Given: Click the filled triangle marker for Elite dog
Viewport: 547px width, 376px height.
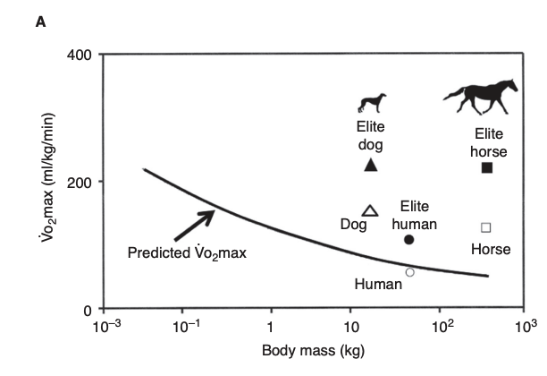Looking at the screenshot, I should pyautogui.click(x=372, y=165).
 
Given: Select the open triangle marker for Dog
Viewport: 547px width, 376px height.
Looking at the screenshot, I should pyautogui.click(x=371, y=210).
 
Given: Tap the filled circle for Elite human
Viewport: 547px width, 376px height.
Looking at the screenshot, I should pyautogui.click(x=409, y=239).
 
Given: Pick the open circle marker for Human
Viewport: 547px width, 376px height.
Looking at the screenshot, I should pyautogui.click(x=410, y=272).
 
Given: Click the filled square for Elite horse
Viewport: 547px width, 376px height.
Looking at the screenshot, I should pyautogui.click(x=487, y=167).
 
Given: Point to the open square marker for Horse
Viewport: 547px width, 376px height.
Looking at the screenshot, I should pyautogui.click(x=486, y=227).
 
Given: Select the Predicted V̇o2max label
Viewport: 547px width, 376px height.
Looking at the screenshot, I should pyautogui.click(x=186, y=252).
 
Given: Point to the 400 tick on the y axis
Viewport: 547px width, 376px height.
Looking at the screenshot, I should pyautogui.click(x=80, y=55).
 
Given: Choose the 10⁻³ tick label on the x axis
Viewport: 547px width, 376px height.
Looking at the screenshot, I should pyautogui.click(x=105, y=326).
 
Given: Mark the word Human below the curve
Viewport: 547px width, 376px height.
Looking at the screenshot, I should pyautogui.click(x=378, y=285).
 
